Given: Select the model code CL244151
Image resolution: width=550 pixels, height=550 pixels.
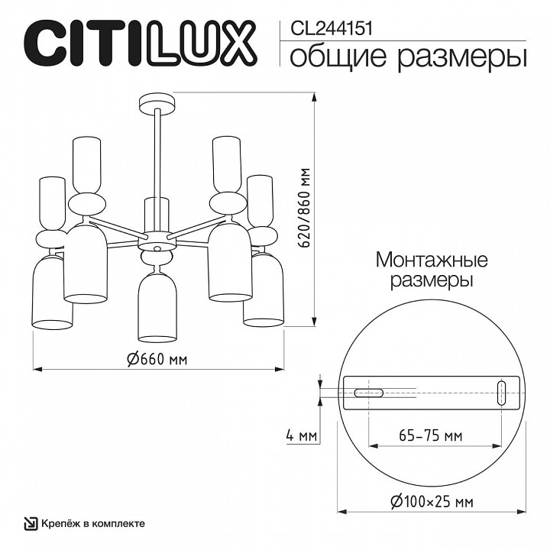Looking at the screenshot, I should (328, 28).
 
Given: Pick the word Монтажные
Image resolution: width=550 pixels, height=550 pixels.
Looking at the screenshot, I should (432, 260).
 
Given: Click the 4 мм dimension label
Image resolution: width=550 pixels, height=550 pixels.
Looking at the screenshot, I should (300, 436).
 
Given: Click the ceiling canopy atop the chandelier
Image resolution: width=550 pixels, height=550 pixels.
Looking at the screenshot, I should (157, 102).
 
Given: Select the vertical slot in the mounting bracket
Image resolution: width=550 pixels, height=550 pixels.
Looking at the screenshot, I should (501, 392).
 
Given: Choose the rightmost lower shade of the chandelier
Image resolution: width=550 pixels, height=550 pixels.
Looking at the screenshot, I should (264, 292).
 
